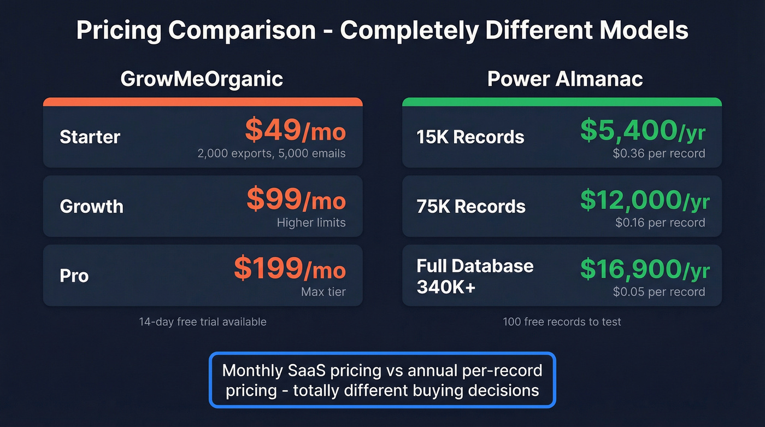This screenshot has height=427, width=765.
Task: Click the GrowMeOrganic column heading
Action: tap(202, 79)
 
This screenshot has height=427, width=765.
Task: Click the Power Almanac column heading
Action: tap(565, 79)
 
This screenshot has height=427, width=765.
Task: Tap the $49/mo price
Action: tap(295, 130)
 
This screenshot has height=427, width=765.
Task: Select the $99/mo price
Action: tap(296, 200)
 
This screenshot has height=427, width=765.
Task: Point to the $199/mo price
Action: tap(290, 268)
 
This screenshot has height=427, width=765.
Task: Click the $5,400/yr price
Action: tap(643, 130)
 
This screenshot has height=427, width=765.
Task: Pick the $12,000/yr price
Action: tap(645, 200)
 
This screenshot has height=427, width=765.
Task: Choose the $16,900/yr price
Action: tap(645, 268)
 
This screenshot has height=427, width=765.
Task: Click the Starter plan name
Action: tap(90, 137)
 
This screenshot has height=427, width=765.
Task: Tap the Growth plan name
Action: tap(92, 206)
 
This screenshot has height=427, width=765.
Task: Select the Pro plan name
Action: tap(74, 276)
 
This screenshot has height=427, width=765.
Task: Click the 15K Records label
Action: tap(470, 137)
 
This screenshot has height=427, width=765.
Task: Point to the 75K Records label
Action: tap(471, 206)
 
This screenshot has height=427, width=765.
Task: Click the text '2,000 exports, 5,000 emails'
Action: tap(272, 154)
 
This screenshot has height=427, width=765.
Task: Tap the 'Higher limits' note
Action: tap(311, 223)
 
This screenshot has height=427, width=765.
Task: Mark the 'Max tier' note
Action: tap(323, 292)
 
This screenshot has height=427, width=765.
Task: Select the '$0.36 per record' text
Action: tap(659, 154)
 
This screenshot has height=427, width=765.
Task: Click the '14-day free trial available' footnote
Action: tap(203, 321)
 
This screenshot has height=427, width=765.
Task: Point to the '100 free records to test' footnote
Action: tap(562, 321)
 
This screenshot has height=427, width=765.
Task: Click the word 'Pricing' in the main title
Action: tap(119, 31)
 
